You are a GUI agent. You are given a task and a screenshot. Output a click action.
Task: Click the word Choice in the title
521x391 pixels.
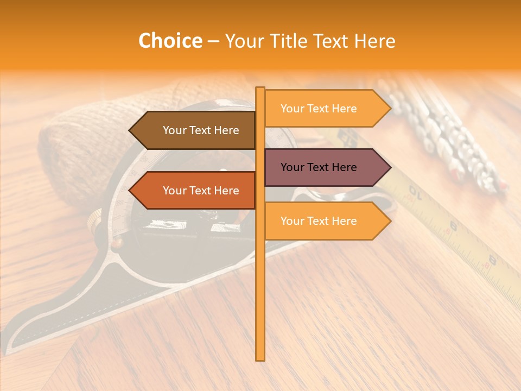[170, 41]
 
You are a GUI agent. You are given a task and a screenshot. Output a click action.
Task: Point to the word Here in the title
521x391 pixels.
[374, 41]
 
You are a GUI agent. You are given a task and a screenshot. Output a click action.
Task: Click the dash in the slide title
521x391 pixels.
[213, 41]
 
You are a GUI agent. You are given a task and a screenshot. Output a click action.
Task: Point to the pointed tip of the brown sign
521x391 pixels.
[131, 130]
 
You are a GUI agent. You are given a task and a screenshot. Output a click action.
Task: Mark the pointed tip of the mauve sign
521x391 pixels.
[389, 167]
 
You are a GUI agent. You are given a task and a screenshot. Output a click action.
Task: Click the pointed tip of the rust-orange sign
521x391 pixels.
[131, 191]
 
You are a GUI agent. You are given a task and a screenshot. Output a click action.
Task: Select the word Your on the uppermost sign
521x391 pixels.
[292, 109]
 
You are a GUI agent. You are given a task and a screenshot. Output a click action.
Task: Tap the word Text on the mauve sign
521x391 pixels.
[319, 167]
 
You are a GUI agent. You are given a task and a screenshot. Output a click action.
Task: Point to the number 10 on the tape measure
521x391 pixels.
[415, 193]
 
